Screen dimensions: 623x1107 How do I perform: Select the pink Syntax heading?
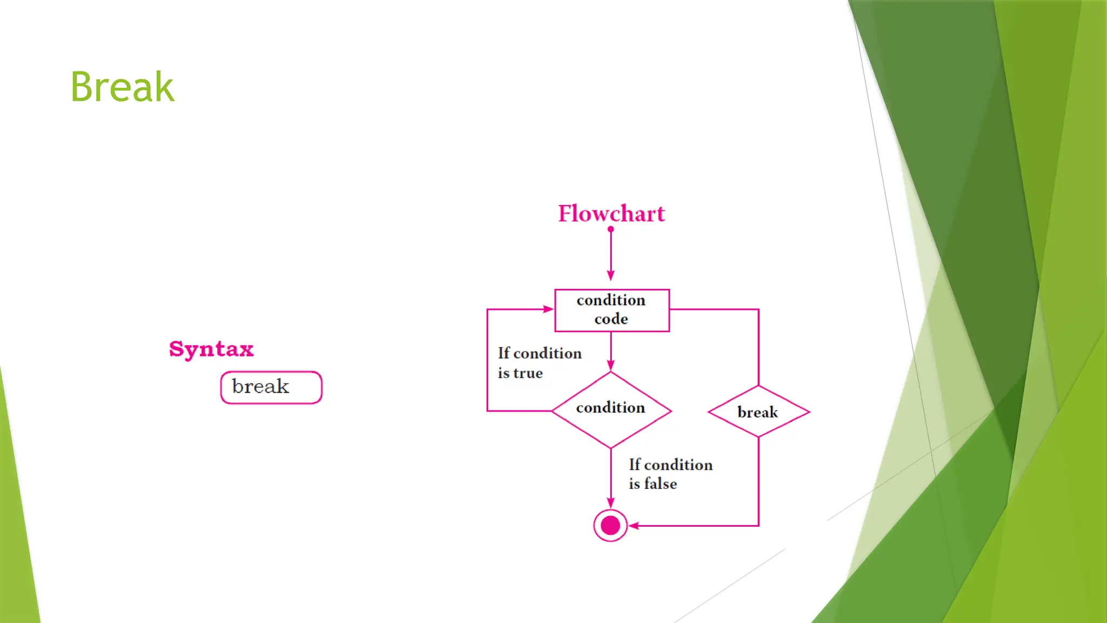point(211,349)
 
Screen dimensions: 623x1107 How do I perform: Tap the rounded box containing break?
point(271,387)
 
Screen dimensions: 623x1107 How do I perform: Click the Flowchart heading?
point(611,214)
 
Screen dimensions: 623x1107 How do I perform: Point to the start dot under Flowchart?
point(611,229)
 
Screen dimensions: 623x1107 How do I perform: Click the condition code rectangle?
point(612,310)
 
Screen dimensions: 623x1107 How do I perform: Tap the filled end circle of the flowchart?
point(610,525)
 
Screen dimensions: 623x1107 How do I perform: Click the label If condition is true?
point(539,363)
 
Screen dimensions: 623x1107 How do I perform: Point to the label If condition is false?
point(670,474)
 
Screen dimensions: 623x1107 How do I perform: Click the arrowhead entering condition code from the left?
point(548,309)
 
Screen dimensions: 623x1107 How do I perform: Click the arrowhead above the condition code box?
point(611,275)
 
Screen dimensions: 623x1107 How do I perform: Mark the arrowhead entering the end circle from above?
point(611,503)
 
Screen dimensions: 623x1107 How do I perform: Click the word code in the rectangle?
point(611,319)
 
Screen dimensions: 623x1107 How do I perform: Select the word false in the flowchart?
point(661,483)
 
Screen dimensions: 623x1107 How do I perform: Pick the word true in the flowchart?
point(528,373)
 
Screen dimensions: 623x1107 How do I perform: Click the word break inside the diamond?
point(757,413)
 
